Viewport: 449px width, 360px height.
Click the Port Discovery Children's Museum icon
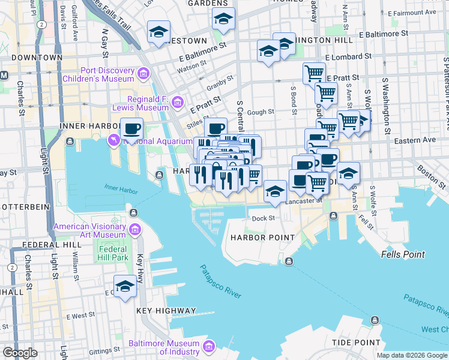(143, 74)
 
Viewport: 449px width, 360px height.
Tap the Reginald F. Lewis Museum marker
(177, 103)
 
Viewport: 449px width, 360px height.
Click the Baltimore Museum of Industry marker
(208, 347)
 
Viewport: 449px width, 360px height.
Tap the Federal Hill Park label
(113, 253)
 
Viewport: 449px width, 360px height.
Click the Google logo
(20, 353)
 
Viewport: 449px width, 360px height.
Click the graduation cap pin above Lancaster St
(275, 191)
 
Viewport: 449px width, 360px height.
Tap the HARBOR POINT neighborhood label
(262, 238)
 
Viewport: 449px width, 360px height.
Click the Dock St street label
(263, 218)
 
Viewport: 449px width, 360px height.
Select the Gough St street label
(260, 112)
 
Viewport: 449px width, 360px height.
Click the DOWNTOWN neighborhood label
(37, 58)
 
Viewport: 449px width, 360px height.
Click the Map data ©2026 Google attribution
(411, 355)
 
